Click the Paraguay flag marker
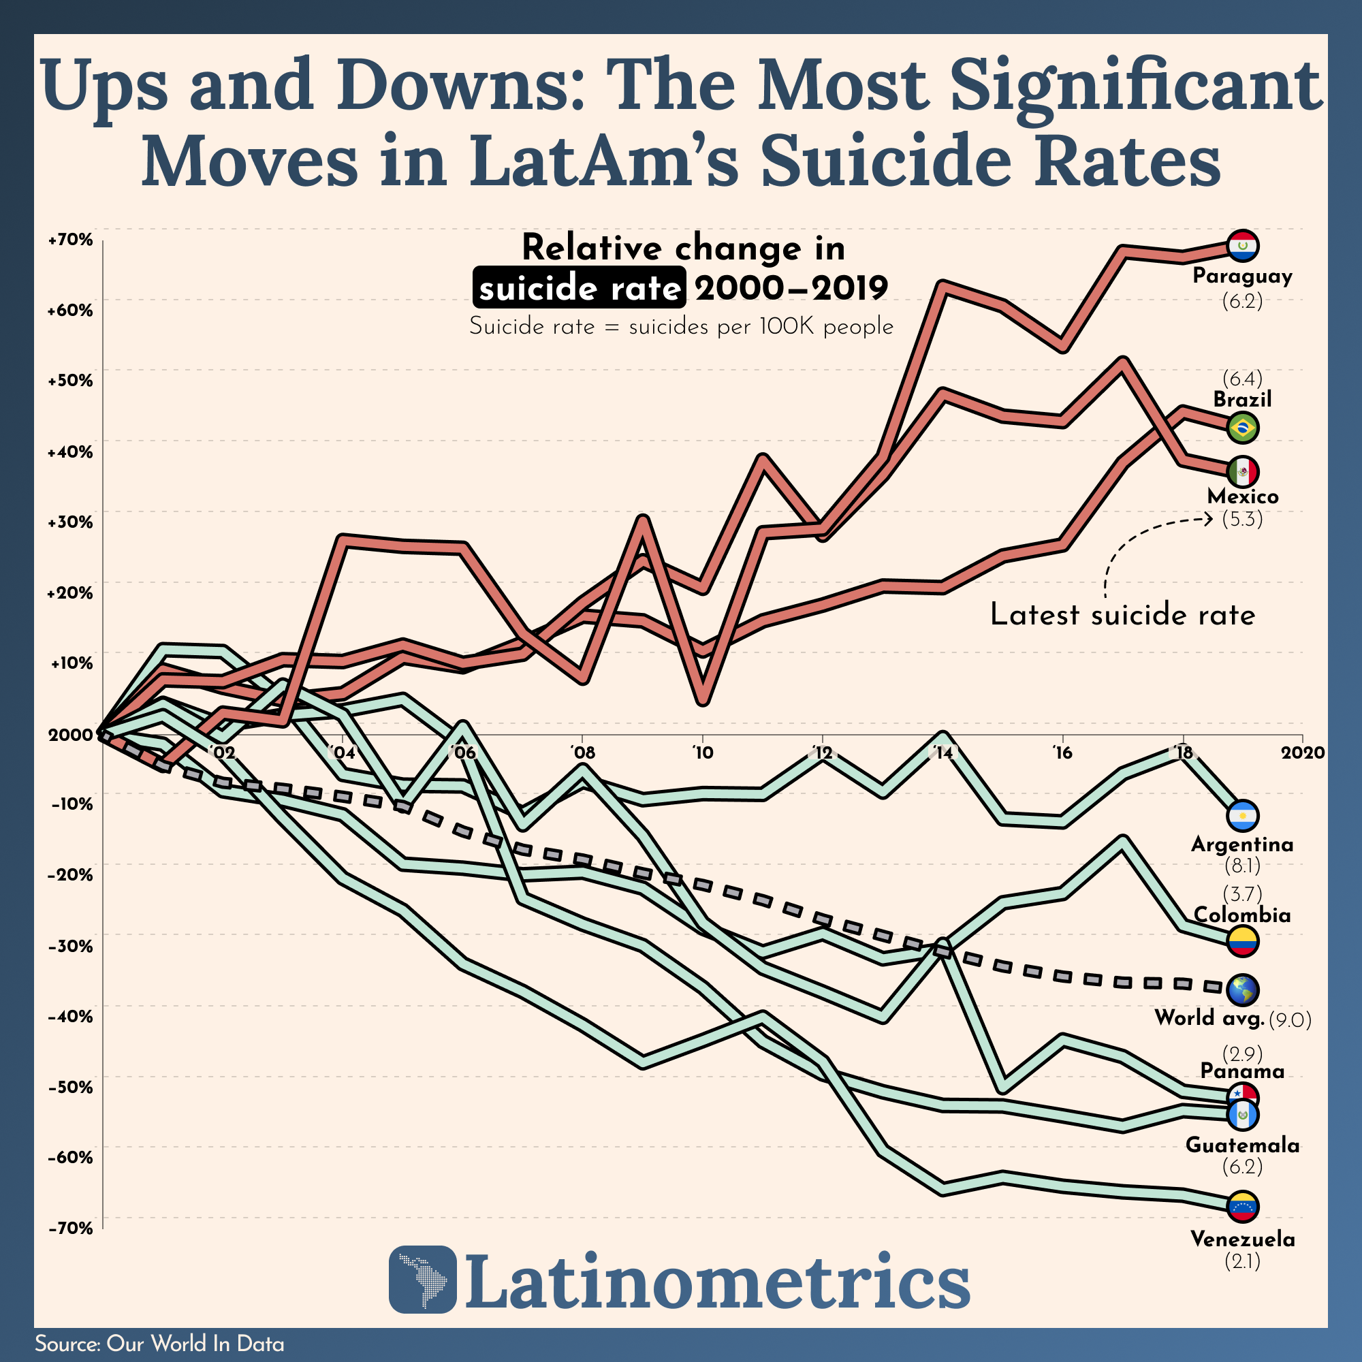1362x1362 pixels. [x=1242, y=246]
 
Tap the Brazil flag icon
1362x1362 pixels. [x=1242, y=427]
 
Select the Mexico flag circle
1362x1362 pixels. [x=1242, y=471]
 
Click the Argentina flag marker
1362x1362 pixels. [x=1242, y=817]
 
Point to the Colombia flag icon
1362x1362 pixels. [x=1242, y=941]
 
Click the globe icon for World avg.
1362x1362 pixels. [x=1242, y=989]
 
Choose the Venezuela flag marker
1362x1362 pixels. [x=1242, y=1206]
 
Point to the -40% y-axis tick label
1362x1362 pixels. [x=71, y=1016]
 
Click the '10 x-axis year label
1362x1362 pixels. [x=702, y=753]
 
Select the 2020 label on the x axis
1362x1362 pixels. [x=1303, y=753]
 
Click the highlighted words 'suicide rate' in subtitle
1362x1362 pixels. [x=579, y=288]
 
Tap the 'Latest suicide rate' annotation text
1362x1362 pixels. [x=1122, y=615]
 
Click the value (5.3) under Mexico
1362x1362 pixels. [x=1242, y=520]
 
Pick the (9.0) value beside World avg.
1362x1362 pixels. [x=1289, y=1020]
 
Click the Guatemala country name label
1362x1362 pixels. [x=1242, y=1145]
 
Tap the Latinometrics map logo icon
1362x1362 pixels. [x=422, y=1280]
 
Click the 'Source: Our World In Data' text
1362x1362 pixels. [x=159, y=1344]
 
